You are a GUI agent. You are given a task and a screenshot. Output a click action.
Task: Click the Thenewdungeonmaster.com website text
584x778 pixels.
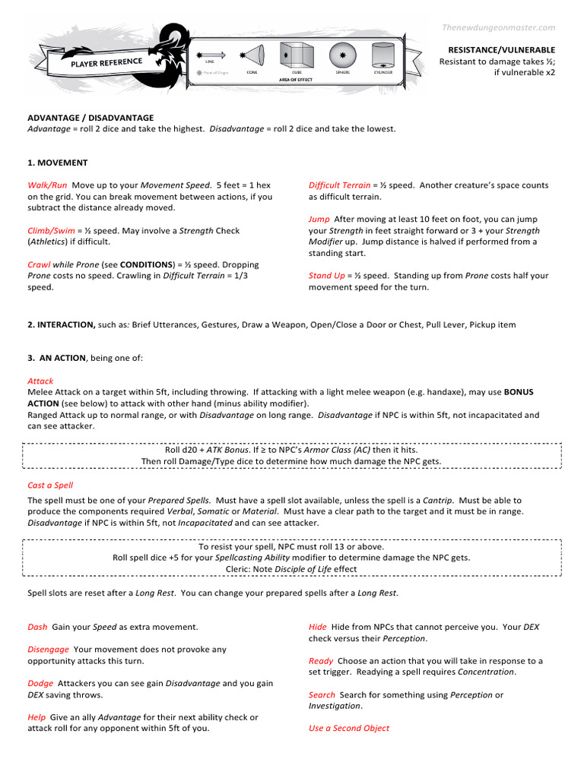499,27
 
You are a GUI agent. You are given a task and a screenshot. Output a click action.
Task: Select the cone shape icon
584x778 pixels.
252,55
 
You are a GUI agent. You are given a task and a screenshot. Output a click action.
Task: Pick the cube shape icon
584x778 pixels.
294,55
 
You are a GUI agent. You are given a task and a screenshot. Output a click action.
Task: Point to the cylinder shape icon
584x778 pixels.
383,55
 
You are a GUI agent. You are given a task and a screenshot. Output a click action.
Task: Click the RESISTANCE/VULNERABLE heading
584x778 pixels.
501,49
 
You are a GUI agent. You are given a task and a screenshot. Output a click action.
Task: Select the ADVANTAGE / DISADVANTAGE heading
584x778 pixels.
90,118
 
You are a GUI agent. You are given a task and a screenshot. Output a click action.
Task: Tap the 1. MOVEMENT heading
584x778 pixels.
58,163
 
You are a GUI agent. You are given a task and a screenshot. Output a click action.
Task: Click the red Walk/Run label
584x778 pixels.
47,185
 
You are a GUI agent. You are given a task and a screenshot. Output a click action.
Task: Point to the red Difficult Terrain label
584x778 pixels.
339,185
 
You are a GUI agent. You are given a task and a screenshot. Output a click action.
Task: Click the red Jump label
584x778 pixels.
319,220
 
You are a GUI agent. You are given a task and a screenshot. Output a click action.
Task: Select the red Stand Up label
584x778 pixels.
326,277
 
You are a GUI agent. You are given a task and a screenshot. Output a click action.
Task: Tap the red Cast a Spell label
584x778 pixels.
50,485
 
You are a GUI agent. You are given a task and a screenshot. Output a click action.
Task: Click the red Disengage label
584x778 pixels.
48,650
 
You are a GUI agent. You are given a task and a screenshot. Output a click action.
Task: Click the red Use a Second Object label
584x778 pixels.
348,729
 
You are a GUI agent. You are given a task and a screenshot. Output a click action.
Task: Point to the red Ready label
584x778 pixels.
320,661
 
